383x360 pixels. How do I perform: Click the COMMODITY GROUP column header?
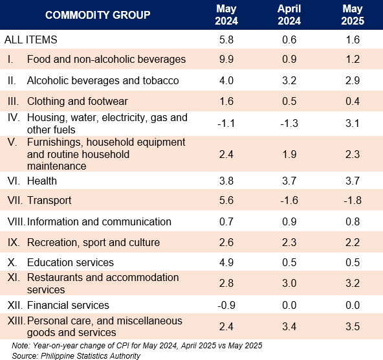click(x=98, y=15)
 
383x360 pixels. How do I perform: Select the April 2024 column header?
click(x=289, y=15)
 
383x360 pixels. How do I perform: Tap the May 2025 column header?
click(x=353, y=15)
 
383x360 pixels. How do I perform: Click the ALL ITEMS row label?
click(x=31, y=39)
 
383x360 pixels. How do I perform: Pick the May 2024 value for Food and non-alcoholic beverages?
click(x=226, y=59)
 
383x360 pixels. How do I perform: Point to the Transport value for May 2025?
click(x=353, y=200)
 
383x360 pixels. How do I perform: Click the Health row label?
click(x=42, y=181)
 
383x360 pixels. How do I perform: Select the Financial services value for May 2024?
click(x=226, y=305)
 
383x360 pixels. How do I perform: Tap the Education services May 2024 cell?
click(x=226, y=262)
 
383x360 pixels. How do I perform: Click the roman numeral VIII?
click(x=16, y=221)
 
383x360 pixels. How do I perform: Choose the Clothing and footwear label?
click(x=78, y=101)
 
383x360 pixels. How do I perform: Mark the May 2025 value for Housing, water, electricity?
click(x=353, y=123)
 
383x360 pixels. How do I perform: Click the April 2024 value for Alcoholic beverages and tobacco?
click(x=289, y=80)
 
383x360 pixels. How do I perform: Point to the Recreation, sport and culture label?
click(x=94, y=242)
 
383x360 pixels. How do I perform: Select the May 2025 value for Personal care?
click(x=353, y=326)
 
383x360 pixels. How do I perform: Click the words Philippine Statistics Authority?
click(x=91, y=356)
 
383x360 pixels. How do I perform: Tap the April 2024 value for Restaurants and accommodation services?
click(x=289, y=283)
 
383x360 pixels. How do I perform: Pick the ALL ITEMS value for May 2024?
click(x=226, y=39)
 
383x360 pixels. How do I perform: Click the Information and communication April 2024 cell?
click(x=289, y=221)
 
